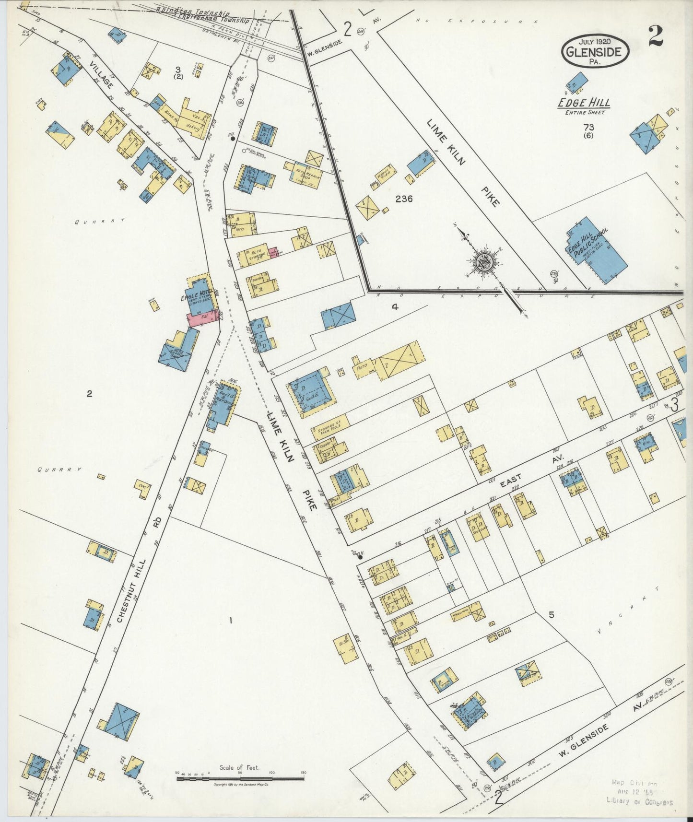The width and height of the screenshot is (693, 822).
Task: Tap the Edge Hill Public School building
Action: (x=597, y=250)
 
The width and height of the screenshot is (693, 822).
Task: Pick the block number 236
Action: (x=404, y=198)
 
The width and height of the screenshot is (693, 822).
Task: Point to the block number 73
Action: (x=589, y=127)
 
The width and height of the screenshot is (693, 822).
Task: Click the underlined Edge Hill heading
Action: (x=583, y=103)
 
